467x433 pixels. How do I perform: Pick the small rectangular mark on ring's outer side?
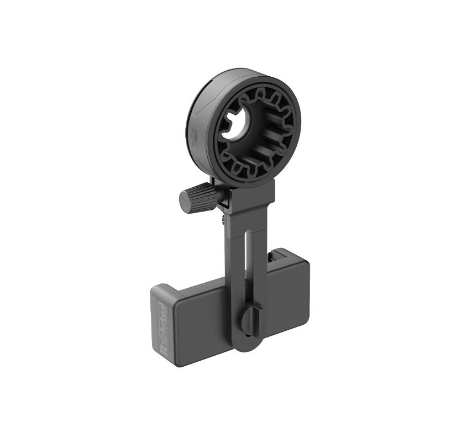coord(193,134)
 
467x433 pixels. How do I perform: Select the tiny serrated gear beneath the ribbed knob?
coord(222,219)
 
